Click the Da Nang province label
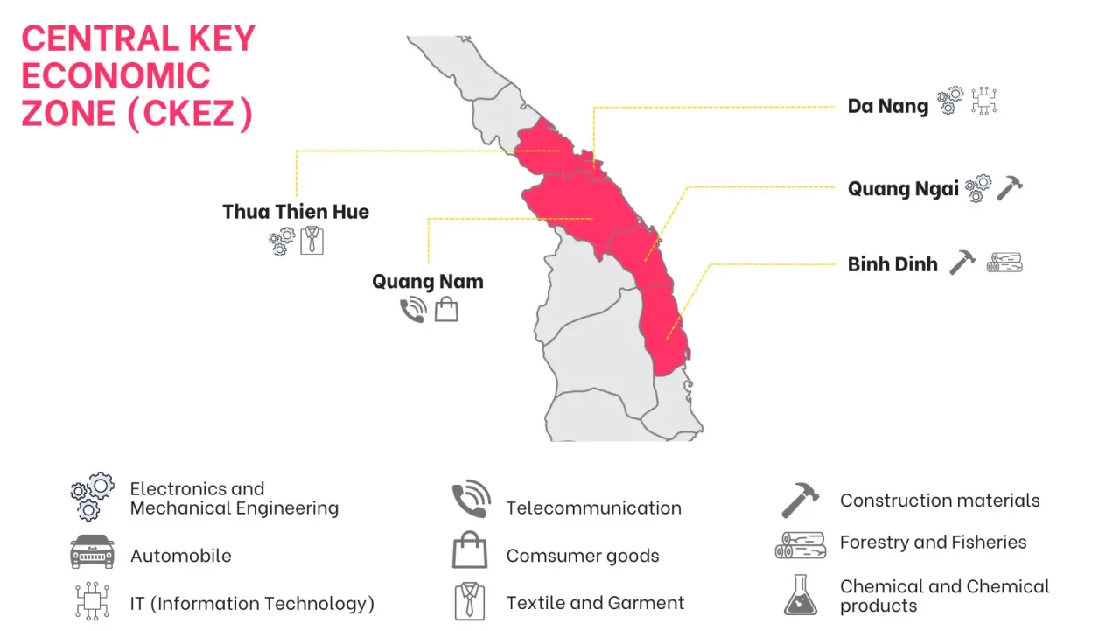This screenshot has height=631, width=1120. click(x=887, y=106)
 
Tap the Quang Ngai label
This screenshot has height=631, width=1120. click(x=903, y=189)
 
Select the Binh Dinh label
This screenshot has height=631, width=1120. click(x=892, y=264)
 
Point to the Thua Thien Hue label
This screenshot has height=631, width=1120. click(x=296, y=212)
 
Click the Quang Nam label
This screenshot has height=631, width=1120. click(x=427, y=282)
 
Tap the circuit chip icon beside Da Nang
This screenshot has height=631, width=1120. click(x=984, y=102)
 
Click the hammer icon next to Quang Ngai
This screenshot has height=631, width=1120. click(x=1010, y=187)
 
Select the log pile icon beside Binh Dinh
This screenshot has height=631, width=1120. click(x=1004, y=263)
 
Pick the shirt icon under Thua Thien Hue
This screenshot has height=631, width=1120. click(x=312, y=240)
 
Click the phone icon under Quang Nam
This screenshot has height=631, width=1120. click(x=413, y=310)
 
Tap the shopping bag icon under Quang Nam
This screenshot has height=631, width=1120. click(x=446, y=309)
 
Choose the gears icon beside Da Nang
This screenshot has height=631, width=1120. click(x=950, y=101)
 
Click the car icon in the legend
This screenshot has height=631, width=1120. click(x=92, y=552)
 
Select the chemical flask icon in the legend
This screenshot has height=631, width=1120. click(x=800, y=595)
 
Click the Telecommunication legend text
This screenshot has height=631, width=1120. click(x=593, y=508)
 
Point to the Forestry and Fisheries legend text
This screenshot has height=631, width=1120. click(x=933, y=543)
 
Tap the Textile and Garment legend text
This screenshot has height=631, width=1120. click(x=595, y=603)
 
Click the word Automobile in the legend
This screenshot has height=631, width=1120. click(x=180, y=556)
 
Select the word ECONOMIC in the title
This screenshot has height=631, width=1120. click(x=115, y=76)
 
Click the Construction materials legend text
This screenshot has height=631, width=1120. click(x=940, y=501)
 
